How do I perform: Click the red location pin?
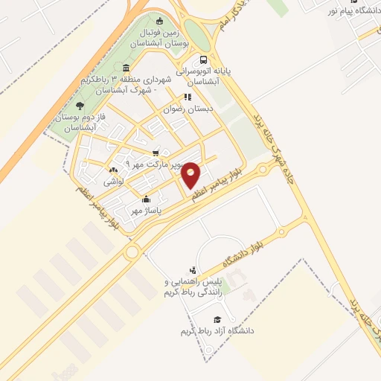(x=191, y=174)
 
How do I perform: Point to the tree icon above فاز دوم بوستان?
(x=80, y=106)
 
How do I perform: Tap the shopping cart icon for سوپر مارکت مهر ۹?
(x=155, y=153)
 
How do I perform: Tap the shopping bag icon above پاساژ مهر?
(x=146, y=199)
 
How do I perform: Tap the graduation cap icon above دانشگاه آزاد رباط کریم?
(x=216, y=318)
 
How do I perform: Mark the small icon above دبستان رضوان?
(x=188, y=97)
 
